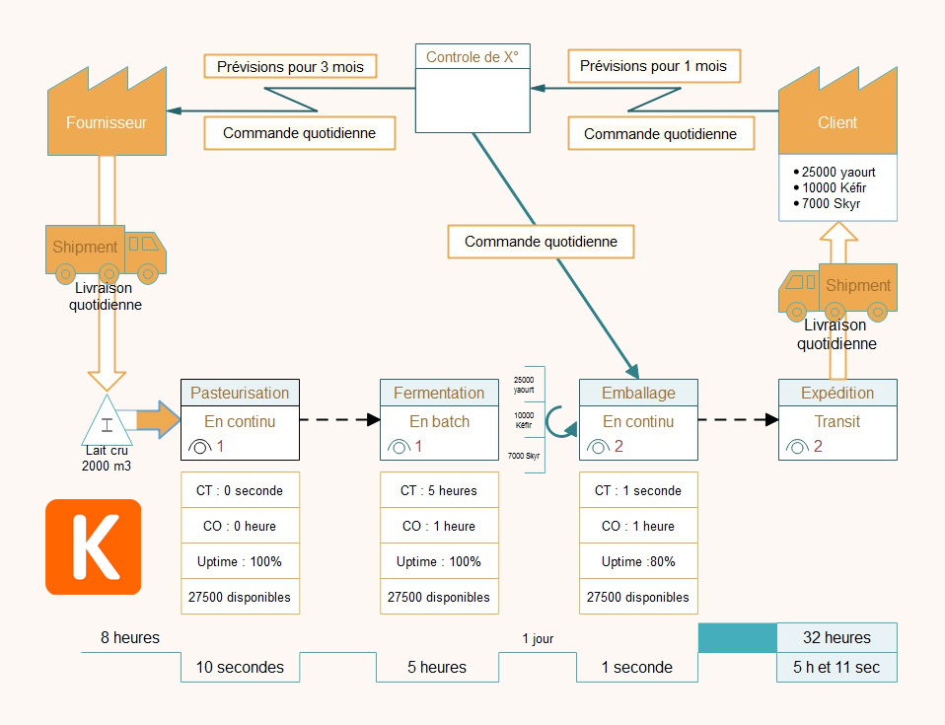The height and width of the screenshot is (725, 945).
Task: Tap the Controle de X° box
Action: click(472, 89)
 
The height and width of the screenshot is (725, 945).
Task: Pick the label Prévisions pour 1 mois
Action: click(653, 66)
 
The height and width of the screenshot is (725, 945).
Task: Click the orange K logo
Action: click(94, 546)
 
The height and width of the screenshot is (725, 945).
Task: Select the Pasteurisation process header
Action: click(240, 393)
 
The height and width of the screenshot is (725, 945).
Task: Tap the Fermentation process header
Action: click(439, 393)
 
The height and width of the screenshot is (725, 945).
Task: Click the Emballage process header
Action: click(638, 393)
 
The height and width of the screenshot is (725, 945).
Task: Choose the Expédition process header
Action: click(837, 393)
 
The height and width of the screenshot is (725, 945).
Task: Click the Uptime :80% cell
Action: click(638, 561)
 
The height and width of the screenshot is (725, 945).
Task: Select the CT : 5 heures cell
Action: click(439, 490)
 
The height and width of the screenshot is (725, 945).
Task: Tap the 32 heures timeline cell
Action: click(837, 637)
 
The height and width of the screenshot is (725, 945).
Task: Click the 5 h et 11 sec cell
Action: click(837, 668)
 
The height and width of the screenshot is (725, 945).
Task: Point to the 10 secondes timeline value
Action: click(240, 668)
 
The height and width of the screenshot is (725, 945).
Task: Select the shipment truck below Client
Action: click(837, 290)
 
